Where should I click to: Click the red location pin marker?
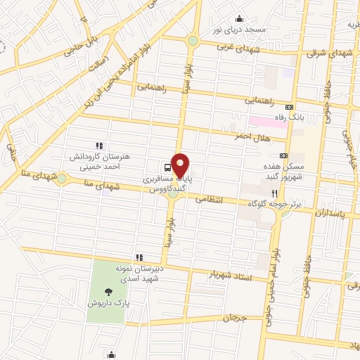[x=181, y=165]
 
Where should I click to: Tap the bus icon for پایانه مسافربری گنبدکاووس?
[x=167, y=167]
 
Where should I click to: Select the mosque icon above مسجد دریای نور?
[x=240, y=19]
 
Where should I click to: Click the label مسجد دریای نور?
[x=240, y=30]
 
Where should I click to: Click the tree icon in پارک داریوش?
[x=108, y=292]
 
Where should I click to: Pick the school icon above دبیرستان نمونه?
[x=139, y=257]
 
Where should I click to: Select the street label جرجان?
[x=236, y=319]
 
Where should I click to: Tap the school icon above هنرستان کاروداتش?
[x=98, y=145]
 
